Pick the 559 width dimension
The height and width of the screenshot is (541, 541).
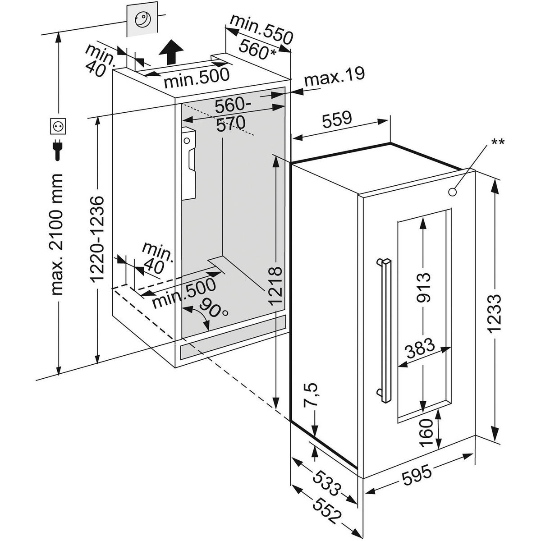[336, 119]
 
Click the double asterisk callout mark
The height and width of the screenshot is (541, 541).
[498, 142]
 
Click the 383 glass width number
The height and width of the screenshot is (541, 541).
[419, 348]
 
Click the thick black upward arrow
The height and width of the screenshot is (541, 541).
[171, 51]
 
